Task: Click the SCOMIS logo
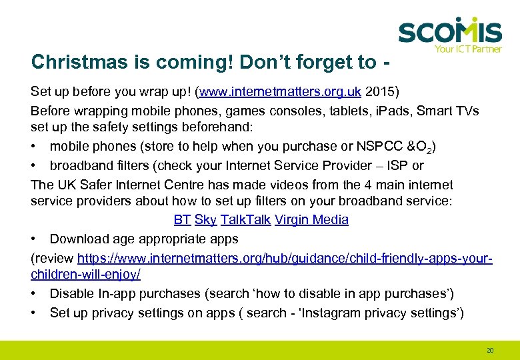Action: [x=449, y=31]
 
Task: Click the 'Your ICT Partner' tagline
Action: [x=467, y=49]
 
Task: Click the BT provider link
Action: [x=182, y=219]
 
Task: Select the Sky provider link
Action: [x=205, y=219]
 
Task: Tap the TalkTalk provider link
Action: [x=245, y=219]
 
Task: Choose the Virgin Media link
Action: [x=311, y=219]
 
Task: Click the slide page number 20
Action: [x=490, y=349]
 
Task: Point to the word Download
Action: [x=79, y=239]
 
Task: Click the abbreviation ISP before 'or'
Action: [x=399, y=165]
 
